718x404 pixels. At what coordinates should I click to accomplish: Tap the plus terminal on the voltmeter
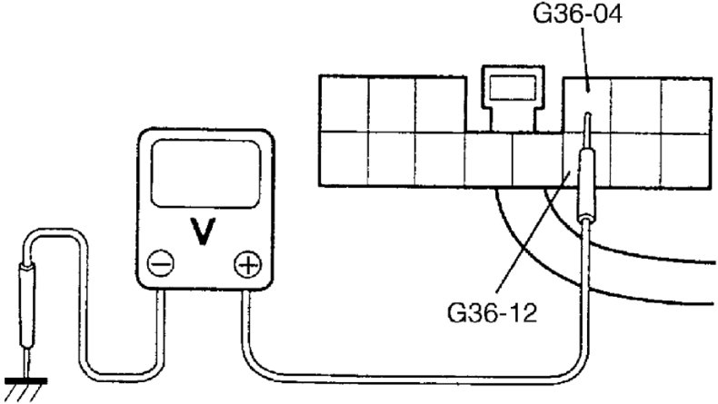(x=245, y=265)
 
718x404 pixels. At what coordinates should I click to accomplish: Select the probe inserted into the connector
(x=586, y=182)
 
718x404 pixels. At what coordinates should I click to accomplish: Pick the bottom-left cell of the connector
(x=344, y=159)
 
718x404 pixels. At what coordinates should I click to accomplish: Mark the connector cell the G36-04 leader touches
(x=587, y=103)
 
